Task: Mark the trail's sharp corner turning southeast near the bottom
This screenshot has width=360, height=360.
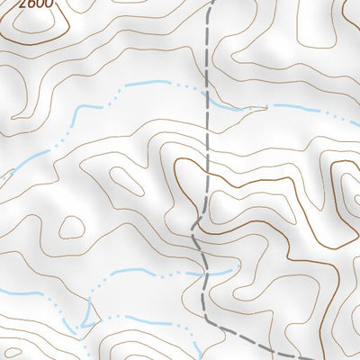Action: pos(208,320)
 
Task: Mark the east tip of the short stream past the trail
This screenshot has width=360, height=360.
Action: pos(232,268)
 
